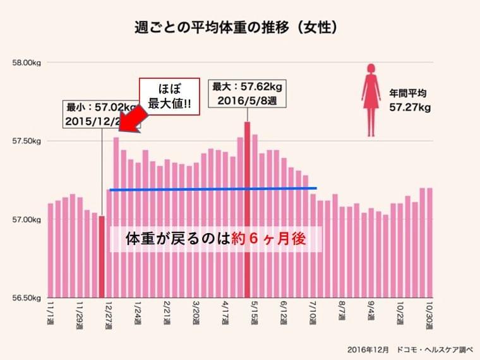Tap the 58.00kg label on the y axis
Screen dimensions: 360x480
coord(27,63)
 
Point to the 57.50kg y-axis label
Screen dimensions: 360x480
coord(27,141)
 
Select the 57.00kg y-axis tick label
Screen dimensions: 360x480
coord(27,220)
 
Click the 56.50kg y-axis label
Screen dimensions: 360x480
coord(27,298)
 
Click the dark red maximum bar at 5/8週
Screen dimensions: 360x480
coord(248,208)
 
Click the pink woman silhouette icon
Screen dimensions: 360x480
coord(371,100)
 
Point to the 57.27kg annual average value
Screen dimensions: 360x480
coord(410,108)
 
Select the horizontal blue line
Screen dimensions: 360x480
coord(213,189)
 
